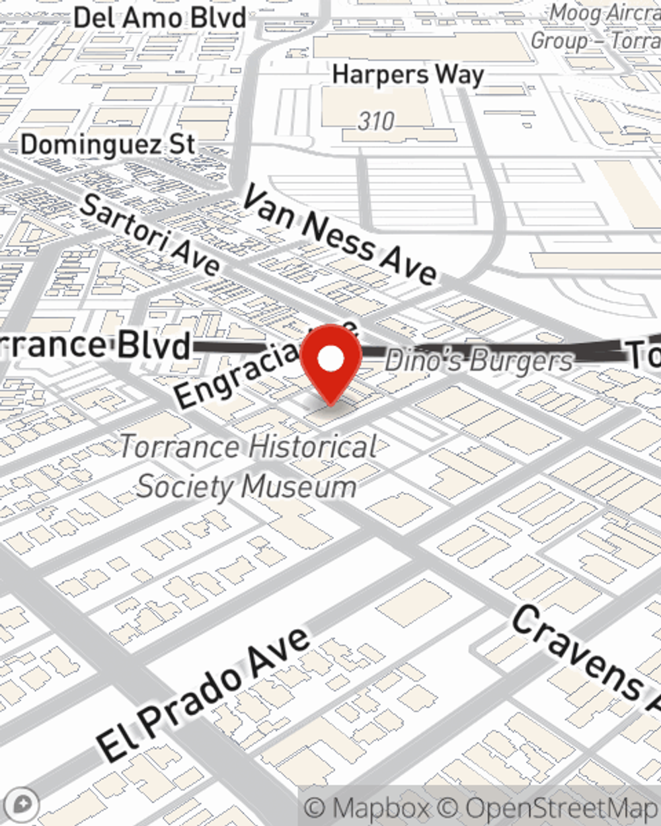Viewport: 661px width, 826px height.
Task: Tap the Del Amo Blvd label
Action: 160,17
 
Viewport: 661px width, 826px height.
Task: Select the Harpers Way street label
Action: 408,75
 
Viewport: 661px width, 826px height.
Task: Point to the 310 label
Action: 376,121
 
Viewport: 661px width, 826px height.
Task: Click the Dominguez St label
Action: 108,145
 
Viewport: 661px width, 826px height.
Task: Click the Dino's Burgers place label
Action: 479,361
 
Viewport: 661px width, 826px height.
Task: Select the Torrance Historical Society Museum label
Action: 248,467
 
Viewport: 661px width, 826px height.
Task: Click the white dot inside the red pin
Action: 330,359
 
